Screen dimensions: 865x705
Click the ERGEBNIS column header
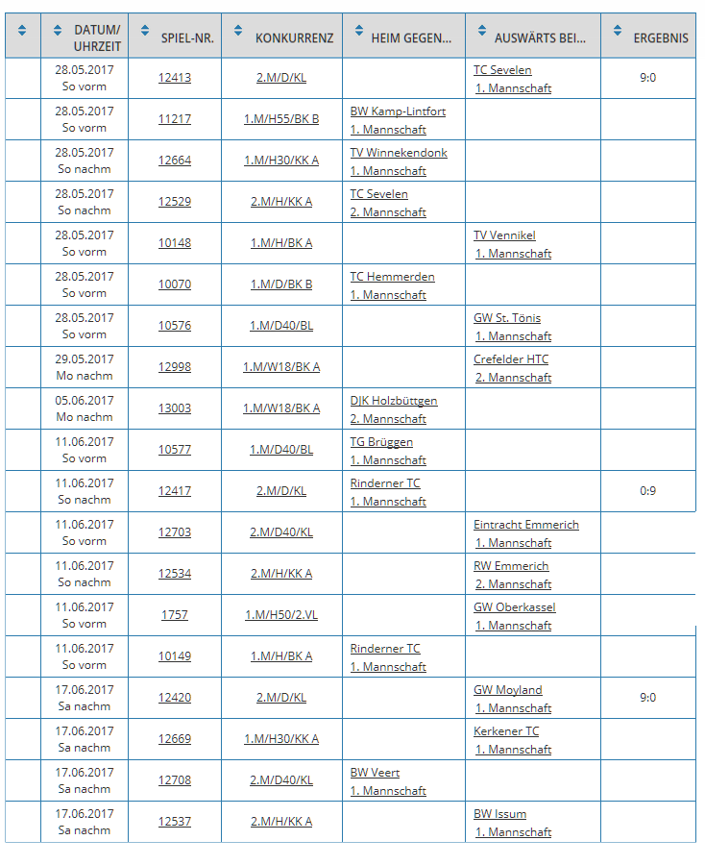(660, 38)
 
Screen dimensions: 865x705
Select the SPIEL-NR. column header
(187, 38)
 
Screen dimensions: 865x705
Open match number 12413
(175, 78)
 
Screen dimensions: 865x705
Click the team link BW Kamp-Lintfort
(398, 111)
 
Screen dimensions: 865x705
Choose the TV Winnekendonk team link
(399, 153)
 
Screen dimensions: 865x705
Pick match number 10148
(175, 243)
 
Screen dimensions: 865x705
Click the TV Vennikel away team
(504, 235)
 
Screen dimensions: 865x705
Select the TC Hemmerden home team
(392, 277)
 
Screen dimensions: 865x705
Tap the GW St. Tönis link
(507, 318)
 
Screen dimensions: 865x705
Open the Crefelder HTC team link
(511, 359)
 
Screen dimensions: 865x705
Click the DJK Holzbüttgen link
(394, 401)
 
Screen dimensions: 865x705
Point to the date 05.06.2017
(85, 401)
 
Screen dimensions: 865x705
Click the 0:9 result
(647, 491)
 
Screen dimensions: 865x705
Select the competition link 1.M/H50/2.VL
(281, 615)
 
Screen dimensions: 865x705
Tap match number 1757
(175, 615)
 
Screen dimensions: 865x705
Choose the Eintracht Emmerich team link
(526, 525)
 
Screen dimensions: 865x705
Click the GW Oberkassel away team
(515, 607)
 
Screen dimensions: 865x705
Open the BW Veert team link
(375, 773)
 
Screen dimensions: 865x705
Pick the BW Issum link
(499, 814)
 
